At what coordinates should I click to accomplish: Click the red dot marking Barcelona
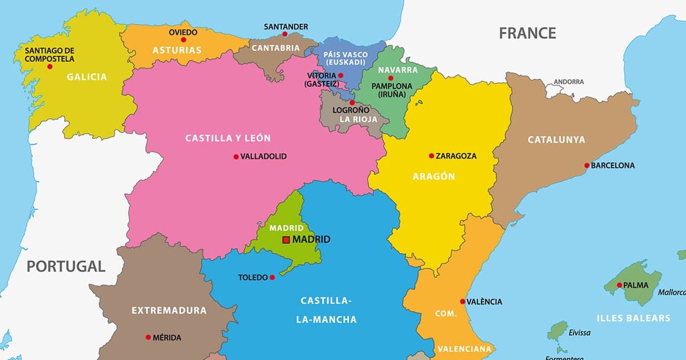pos(587,166)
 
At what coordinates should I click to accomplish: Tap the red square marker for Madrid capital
pos(286,240)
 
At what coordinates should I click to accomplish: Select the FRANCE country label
pos(527,33)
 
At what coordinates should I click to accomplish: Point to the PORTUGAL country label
pos(66,266)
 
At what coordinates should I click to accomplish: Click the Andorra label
pos(569,82)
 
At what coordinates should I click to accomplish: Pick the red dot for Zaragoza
pos(432,155)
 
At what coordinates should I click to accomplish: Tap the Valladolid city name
pos(264,156)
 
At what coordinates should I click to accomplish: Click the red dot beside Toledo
pos(272,278)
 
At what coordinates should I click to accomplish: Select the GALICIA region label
pos(87,77)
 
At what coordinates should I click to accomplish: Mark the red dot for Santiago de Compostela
pos(50,67)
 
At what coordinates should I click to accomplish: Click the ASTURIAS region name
pos(177,50)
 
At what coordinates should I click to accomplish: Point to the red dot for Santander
pos(285,34)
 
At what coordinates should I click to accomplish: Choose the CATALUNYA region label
pos(556,140)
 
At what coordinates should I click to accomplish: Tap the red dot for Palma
pos(619,285)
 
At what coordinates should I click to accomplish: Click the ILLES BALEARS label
pos(633,318)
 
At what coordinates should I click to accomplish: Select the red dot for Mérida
pos(148,337)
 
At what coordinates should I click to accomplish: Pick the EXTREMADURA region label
pos(169,311)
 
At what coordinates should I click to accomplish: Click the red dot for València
pos(462,301)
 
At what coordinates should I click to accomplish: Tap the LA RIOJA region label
pos(358,119)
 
